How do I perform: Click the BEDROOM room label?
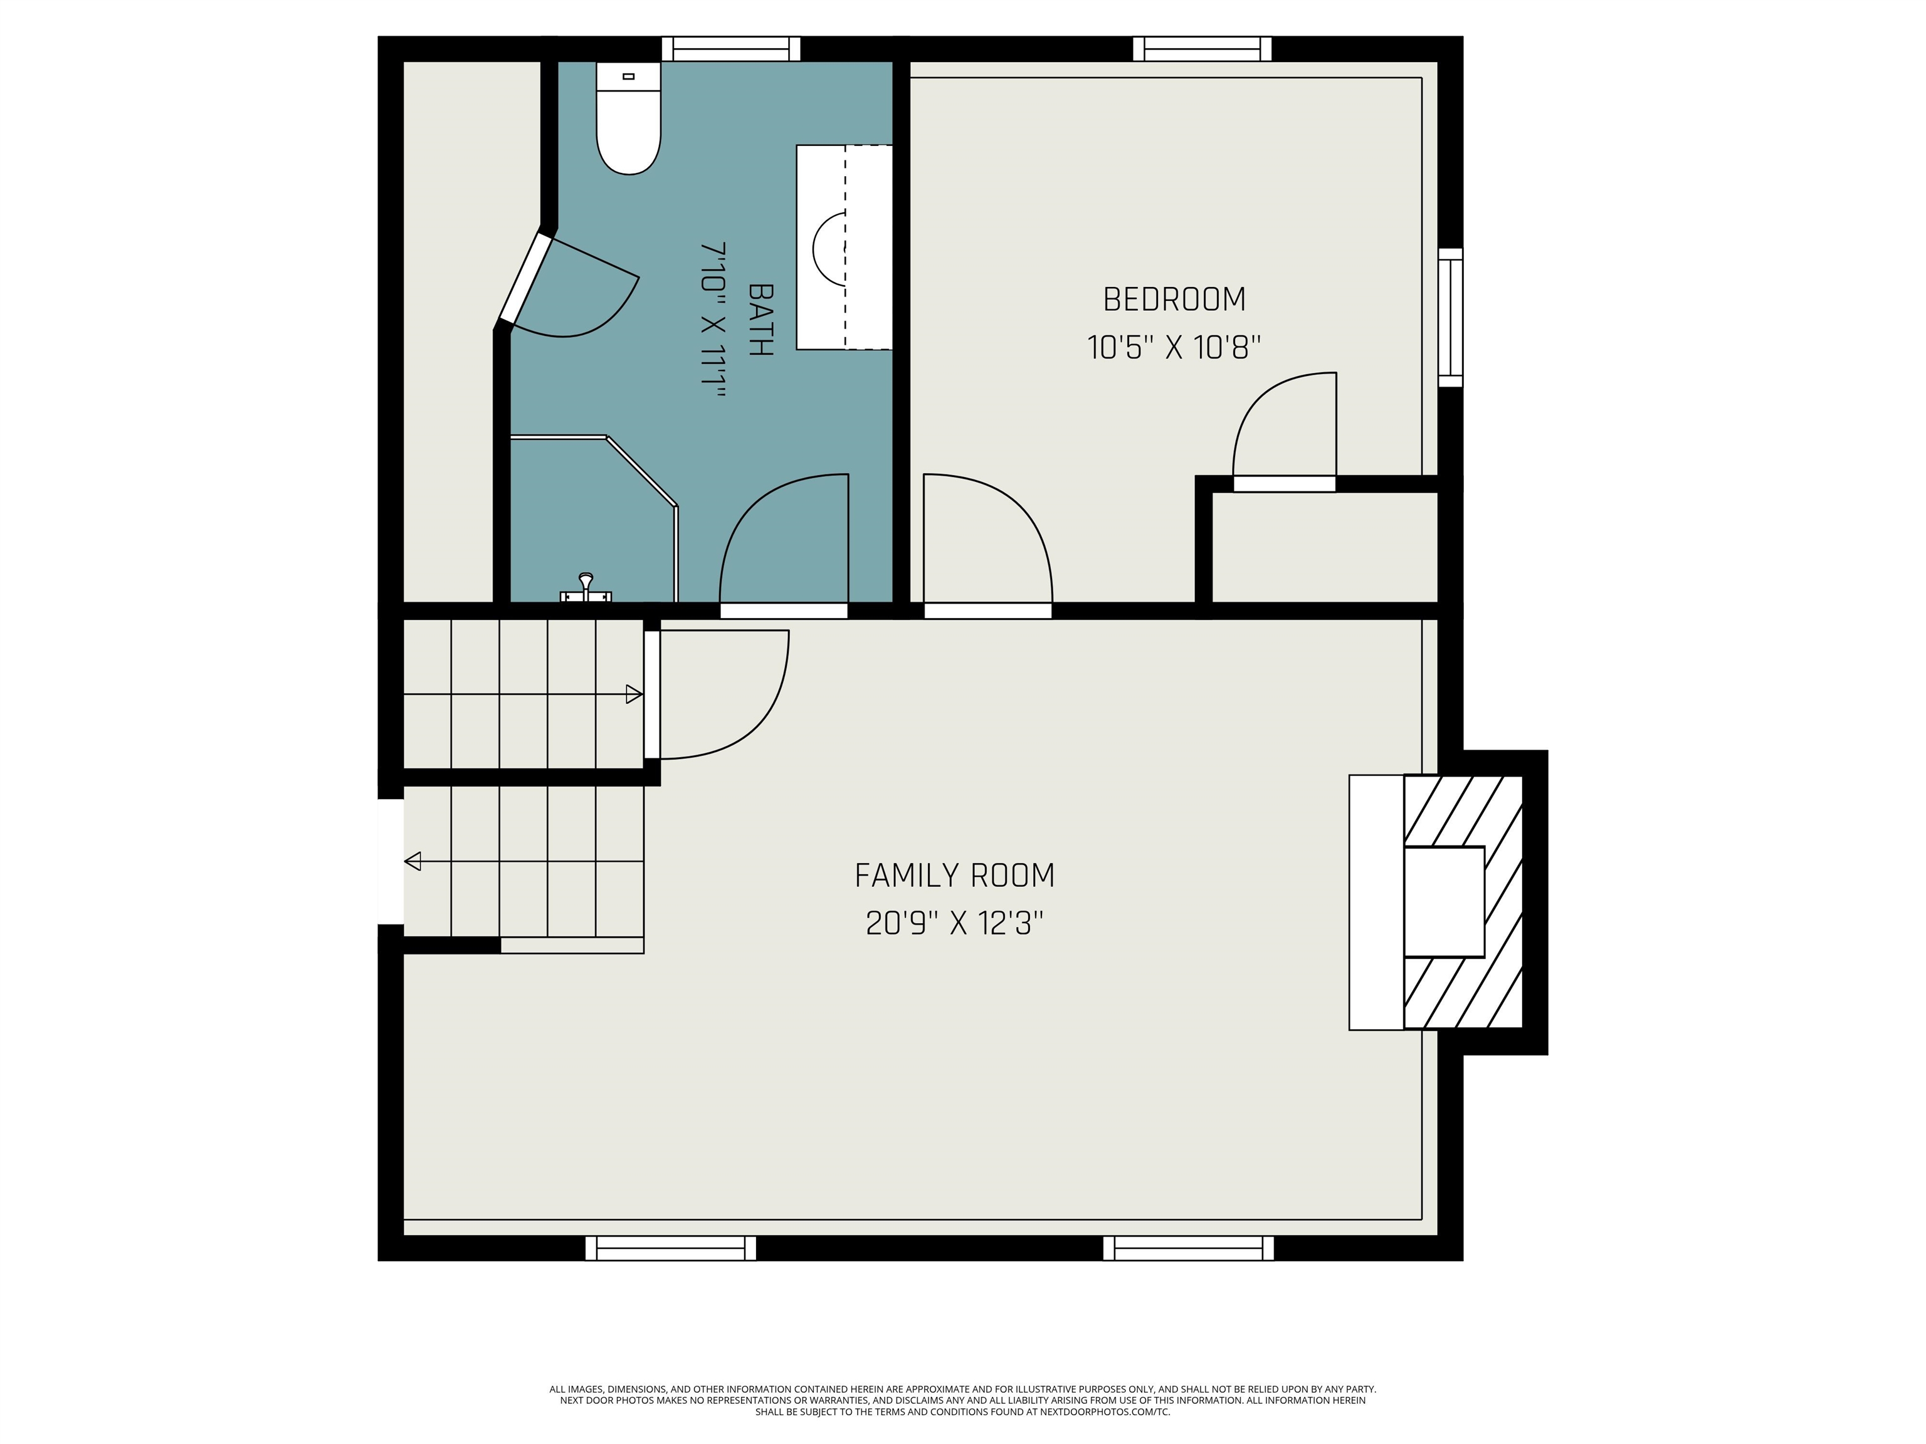click(1174, 300)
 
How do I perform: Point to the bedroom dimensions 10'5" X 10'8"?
click(1174, 347)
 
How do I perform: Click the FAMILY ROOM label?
click(954, 875)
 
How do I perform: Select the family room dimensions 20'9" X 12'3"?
click(954, 923)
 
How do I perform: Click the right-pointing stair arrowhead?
click(634, 694)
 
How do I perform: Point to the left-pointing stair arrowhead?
click(413, 862)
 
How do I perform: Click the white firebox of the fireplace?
click(1444, 902)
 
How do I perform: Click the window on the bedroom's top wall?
click(1202, 49)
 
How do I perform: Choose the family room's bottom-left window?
click(670, 1248)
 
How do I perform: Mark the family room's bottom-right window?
click(1189, 1248)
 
